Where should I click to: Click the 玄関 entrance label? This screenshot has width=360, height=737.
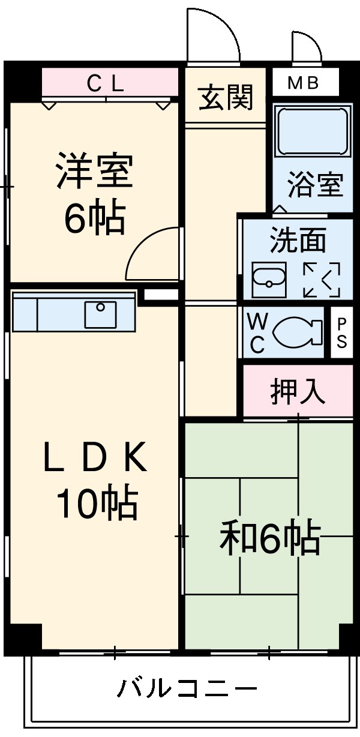(226, 97)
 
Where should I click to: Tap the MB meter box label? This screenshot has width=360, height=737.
(303, 83)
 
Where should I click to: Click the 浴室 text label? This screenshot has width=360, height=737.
(314, 185)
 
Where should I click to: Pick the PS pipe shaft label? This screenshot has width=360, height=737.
(341, 333)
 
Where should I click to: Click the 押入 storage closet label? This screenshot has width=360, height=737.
(298, 391)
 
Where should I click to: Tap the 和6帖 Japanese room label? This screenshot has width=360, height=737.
(269, 538)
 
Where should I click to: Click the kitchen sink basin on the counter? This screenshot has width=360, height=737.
(100, 314)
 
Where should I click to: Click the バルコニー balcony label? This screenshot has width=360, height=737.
(187, 688)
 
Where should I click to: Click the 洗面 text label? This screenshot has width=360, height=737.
(298, 240)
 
